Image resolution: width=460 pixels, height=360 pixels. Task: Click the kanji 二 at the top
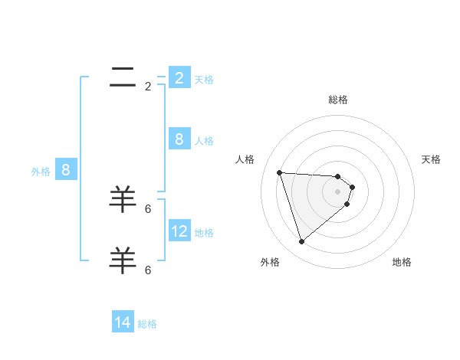tap(123, 77)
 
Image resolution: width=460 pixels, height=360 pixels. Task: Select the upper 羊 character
tap(123, 199)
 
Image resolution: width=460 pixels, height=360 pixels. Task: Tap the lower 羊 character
tap(123, 260)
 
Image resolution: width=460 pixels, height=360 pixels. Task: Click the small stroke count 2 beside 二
tap(148, 87)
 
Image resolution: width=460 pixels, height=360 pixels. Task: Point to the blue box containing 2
tap(179, 77)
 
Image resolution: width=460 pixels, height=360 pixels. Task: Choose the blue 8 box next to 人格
tap(179, 139)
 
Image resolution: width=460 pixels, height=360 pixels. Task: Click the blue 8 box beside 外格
tap(66, 170)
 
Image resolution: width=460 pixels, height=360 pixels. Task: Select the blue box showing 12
tap(179, 231)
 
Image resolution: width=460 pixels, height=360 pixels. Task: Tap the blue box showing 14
tap(123, 322)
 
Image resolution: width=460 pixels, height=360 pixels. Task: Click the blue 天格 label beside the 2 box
tap(204, 80)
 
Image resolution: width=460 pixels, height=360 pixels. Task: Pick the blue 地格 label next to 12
tap(204, 233)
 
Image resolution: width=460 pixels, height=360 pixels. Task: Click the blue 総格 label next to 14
tap(147, 324)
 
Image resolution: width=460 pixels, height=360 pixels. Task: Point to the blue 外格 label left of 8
tap(41, 172)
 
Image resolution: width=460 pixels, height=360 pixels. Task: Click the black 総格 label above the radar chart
tap(338, 100)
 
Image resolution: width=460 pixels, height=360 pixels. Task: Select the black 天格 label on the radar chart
tap(432, 159)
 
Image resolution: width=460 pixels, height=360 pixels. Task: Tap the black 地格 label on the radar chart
tap(402, 262)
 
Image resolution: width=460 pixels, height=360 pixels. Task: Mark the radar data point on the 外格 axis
tap(301, 242)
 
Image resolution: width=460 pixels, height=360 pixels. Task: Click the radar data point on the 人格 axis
tap(279, 172)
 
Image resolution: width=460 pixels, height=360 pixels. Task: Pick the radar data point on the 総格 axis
tap(338, 176)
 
